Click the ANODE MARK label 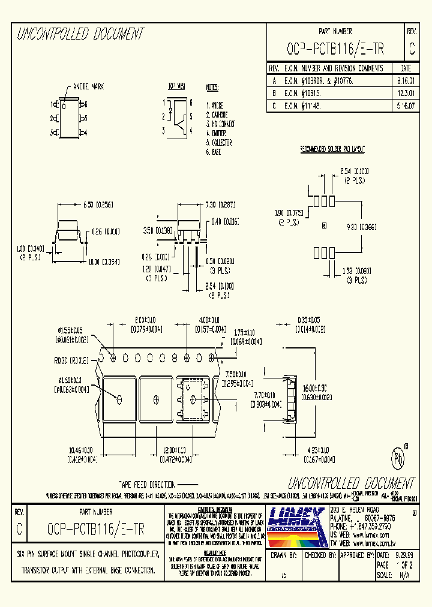click(88, 86)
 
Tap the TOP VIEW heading click(176, 86)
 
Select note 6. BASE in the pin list click(214, 152)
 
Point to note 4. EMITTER click(217, 133)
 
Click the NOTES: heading click(212, 87)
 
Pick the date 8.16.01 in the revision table click(405, 80)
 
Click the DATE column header click(405, 68)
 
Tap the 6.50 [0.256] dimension click(81, 205)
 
